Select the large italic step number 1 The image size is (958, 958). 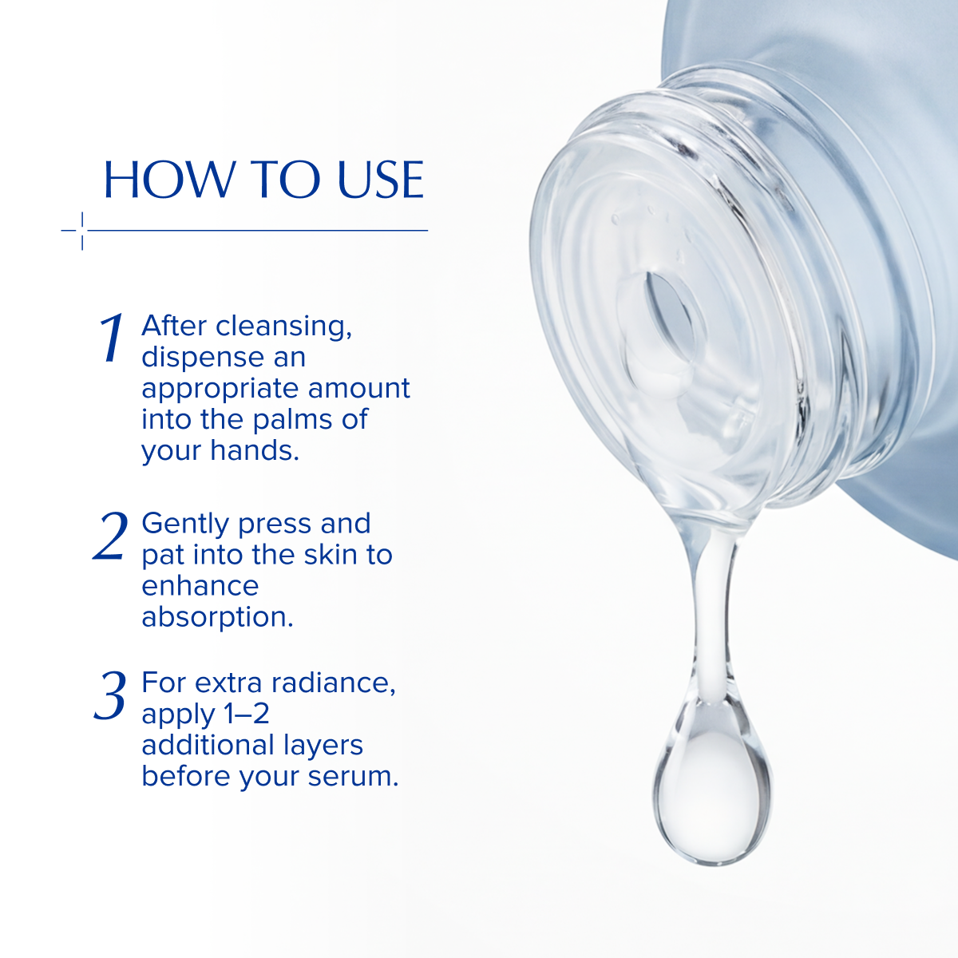(113, 338)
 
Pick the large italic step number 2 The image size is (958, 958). (110, 536)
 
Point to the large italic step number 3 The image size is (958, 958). (110, 695)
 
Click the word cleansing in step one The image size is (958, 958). (283, 327)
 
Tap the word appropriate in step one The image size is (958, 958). (220, 390)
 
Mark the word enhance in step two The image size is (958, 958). (200, 586)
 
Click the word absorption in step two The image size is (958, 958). (217, 618)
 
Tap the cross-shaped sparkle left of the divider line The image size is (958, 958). (82, 231)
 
